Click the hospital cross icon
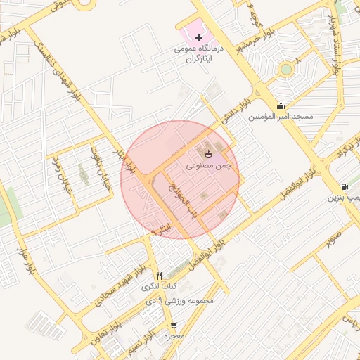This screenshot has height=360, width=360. click(x=199, y=37)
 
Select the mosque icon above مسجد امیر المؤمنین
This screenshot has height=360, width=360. click(x=281, y=105)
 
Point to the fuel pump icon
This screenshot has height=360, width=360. click(x=344, y=187)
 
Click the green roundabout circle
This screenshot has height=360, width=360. click(x=285, y=70)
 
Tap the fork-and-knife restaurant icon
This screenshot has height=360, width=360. click(x=159, y=276)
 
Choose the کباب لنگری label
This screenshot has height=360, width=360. click(x=160, y=286)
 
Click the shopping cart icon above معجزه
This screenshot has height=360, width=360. click(x=174, y=326)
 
